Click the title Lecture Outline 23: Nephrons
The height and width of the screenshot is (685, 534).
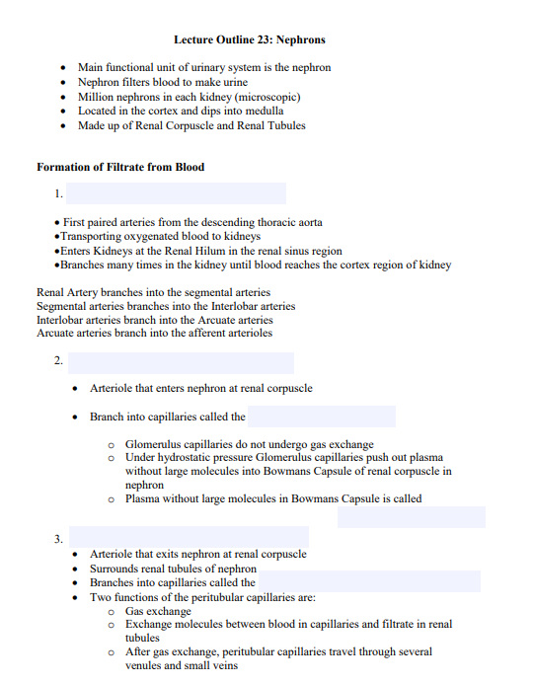(x=249, y=39)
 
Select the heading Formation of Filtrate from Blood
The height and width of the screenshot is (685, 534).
(x=120, y=167)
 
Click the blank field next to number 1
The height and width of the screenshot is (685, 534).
(x=176, y=193)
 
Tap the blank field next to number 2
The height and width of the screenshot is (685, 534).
(x=181, y=363)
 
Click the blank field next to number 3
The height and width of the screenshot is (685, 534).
(x=188, y=538)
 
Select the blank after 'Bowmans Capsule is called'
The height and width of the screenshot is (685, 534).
(x=411, y=517)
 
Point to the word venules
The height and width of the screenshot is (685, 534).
(x=146, y=665)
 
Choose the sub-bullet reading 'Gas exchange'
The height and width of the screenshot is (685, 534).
(x=158, y=611)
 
